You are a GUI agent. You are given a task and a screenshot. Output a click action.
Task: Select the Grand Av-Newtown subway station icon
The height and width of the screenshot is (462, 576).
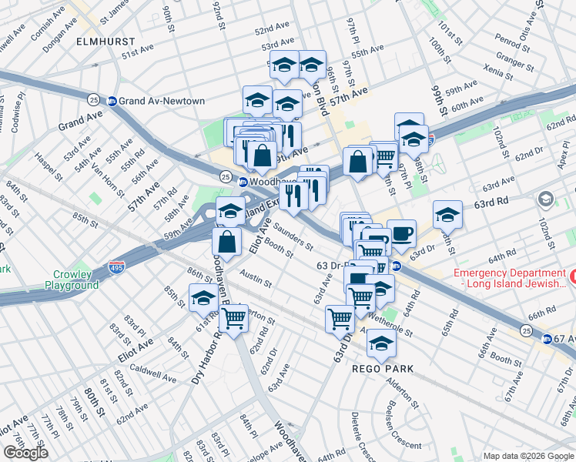coord(112,101)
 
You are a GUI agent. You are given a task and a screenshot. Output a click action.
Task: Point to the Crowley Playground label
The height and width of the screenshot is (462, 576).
coord(75,280)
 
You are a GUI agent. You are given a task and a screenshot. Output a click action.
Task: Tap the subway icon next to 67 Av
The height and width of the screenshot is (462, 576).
coord(546,339)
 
